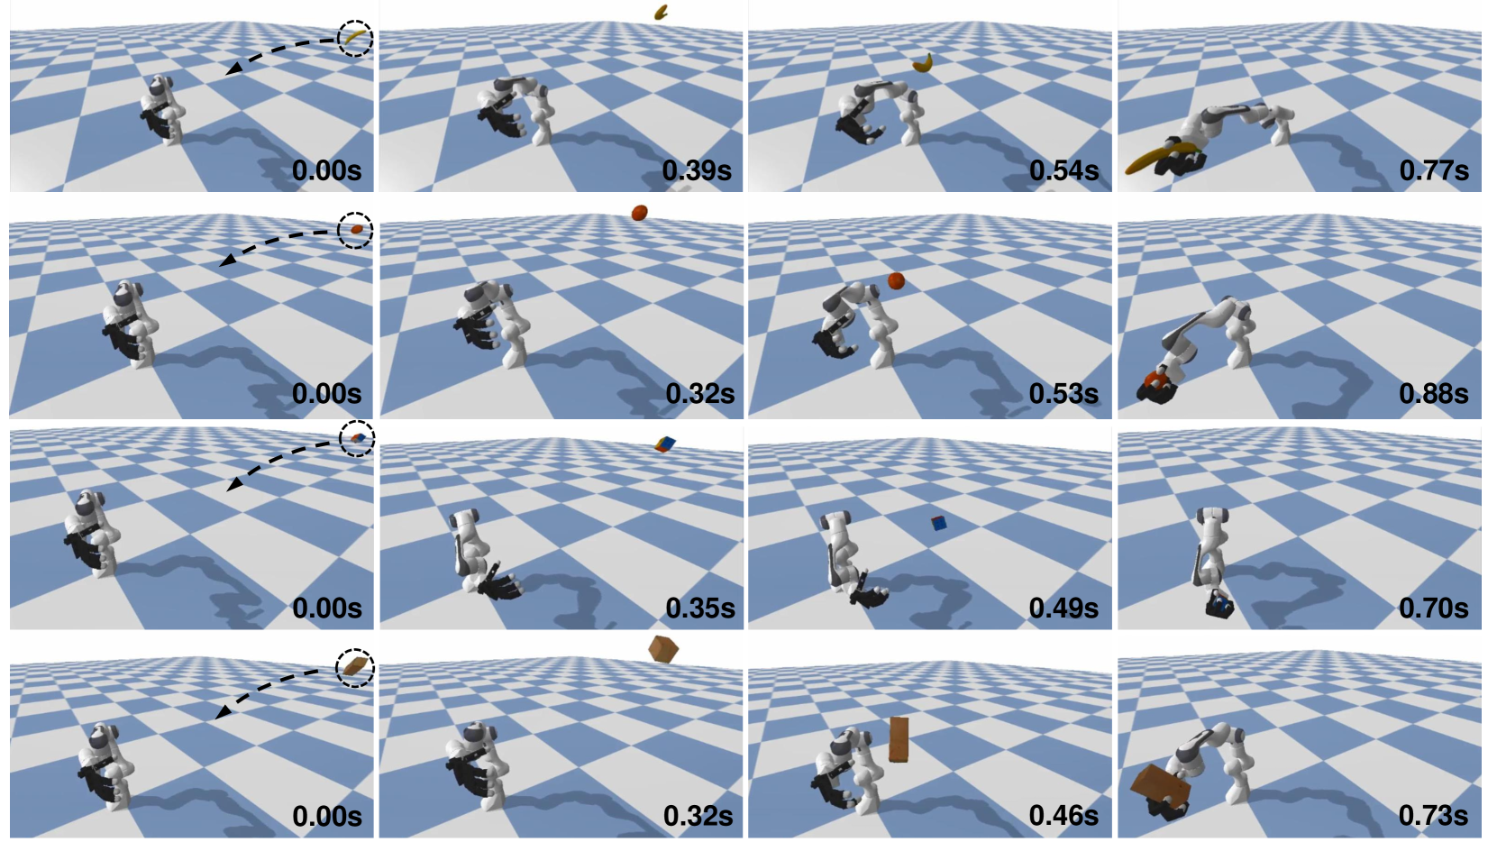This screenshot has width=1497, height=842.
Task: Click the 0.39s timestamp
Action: pos(697,170)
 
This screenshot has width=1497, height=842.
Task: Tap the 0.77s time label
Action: pos(1434,170)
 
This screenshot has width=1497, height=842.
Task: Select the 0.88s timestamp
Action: pos(1434,394)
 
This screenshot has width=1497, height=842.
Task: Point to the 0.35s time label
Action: pos(699,609)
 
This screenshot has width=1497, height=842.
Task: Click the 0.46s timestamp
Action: pos(1063,815)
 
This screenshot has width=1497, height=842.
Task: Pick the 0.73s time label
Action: pos(1434,815)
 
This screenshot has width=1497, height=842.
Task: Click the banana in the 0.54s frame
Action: pos(923,63)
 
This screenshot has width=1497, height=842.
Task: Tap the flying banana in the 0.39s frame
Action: pos(661,12)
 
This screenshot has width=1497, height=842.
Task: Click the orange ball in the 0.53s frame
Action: pos(896,280)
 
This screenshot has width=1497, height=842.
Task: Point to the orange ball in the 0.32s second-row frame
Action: pos(640,213)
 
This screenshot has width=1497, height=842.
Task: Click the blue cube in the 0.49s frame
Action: pos(939,523)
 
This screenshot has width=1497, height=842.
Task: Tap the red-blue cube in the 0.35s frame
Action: pos(665,444)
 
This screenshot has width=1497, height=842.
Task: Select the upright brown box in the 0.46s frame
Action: pos(899,740)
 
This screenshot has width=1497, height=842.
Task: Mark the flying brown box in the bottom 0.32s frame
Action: pos(663,650)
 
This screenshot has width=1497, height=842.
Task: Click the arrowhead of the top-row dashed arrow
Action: pos(232,69)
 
